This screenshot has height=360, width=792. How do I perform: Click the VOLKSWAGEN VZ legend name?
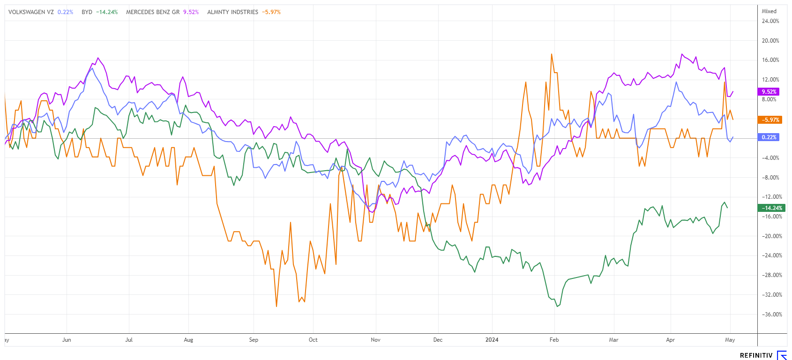(x=31, y=12)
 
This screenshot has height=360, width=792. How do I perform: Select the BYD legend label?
(x=87, y=12)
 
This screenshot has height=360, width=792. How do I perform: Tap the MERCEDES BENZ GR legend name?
(x=153, y=12)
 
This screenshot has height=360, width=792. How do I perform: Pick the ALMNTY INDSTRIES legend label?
(x=232, y=12)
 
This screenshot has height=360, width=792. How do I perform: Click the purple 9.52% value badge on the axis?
(x=768, y=92)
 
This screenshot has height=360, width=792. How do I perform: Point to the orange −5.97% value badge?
(x=770, y=120)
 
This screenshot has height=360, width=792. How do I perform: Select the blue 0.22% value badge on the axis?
(x=768, y=137)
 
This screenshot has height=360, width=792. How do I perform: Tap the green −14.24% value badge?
(x=771, y=208)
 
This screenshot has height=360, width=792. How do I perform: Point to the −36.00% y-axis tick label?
(x=770, y=315)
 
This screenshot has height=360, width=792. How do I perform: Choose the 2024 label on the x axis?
(x=492, y=340)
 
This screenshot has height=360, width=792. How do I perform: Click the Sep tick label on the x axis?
(x=254, y=340)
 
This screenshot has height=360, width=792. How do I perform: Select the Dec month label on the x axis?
(x=438, y=340)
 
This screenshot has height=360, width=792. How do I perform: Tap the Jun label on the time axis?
(x=67, y=340)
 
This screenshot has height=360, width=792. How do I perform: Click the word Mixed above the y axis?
(x=769, y=11)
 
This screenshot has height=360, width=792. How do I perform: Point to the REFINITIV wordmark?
(x=756, y=355)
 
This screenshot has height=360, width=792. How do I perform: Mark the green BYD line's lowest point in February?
(x=557, y=306)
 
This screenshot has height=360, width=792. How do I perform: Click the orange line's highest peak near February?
(x=552, y=54)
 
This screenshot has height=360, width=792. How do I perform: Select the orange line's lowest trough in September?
(x=276, y=306)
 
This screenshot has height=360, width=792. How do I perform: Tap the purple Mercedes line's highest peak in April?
(x=682, y=54)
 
